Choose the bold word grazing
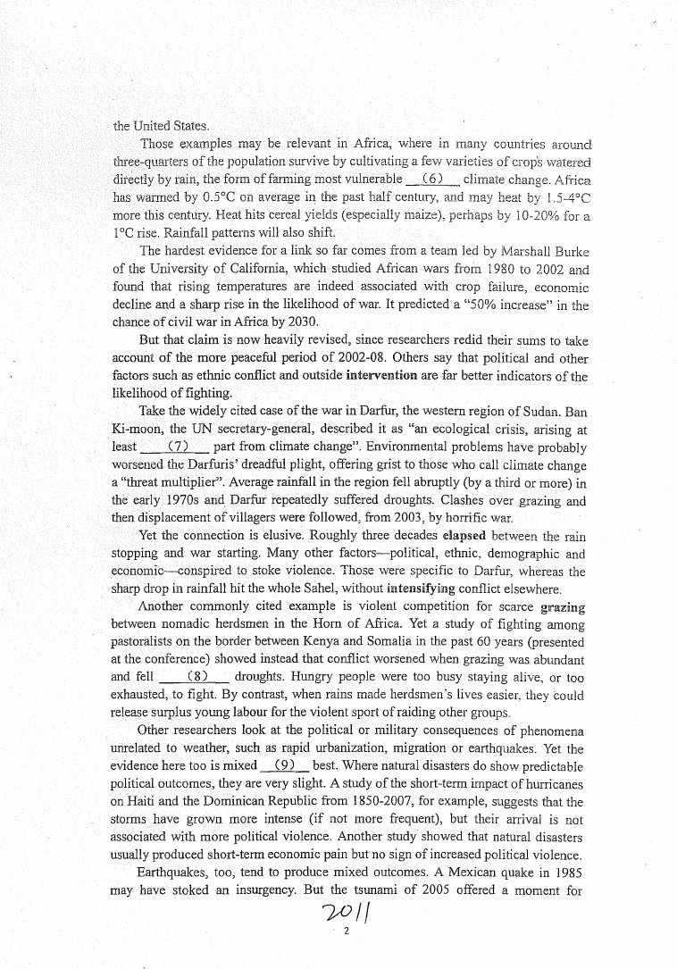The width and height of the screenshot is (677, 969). point(563,606)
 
